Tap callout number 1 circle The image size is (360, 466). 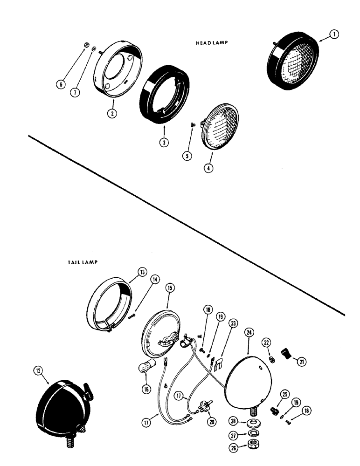334,34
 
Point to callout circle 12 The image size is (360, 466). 38,370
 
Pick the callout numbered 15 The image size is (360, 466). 169,289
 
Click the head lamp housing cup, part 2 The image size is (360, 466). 117,69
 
